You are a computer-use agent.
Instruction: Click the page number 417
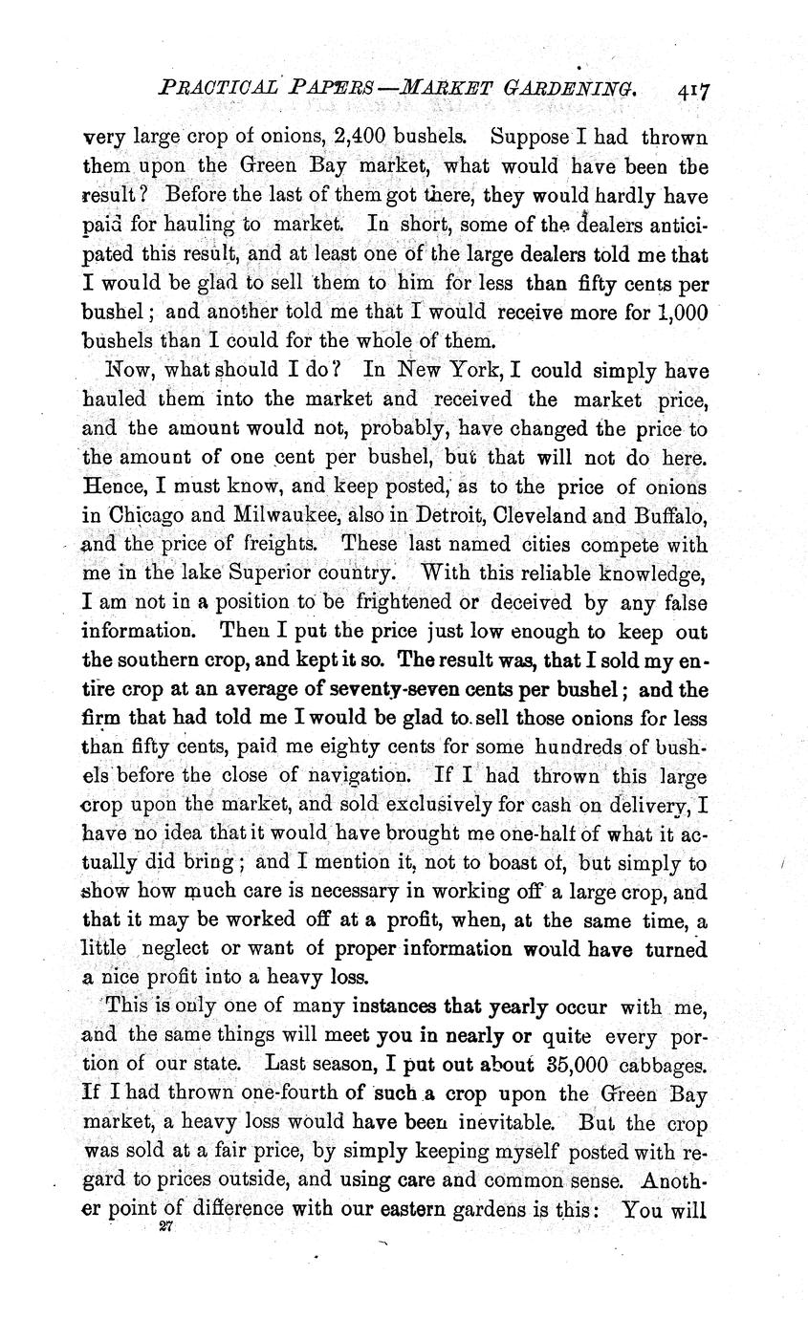pyautogui.click(x=692, y=91)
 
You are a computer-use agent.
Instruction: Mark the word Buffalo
pyautogui.click(x=669, y=516)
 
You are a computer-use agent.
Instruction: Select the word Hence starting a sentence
pyautogui.click(x=110, y=487)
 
